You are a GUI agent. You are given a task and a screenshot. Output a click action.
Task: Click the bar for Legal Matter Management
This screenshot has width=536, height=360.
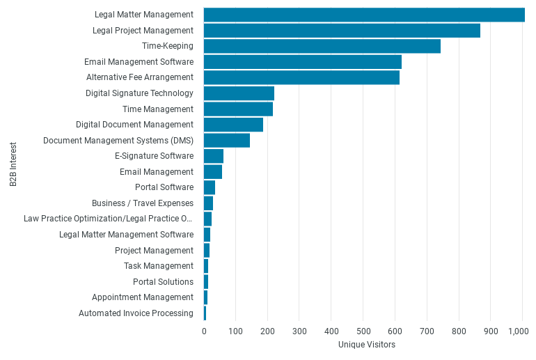[x=364, y=15]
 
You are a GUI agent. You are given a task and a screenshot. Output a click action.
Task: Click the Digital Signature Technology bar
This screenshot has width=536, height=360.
[x=239, y=93]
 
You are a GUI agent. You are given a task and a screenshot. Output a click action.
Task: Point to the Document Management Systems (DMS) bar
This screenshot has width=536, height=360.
[x=227, y=141]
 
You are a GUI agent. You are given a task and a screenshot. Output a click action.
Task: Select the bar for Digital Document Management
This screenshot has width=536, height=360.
[x=233, y=125]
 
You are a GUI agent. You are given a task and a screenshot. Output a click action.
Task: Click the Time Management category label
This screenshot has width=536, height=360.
[x=157, y=109]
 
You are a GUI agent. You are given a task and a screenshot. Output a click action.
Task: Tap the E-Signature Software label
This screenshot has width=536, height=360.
[x=154, y=156]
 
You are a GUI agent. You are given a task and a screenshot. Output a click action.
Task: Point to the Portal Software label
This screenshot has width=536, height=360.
[x=164, y=187]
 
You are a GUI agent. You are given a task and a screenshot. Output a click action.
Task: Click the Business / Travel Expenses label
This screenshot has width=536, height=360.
[x=143, y=203]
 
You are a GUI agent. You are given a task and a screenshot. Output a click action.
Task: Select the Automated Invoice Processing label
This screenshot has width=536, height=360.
[x=136, y=313]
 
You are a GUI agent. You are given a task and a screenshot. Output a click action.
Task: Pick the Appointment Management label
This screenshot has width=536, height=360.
[x=143, y=297]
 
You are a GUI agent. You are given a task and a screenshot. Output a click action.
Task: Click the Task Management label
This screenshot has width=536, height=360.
[x=159, y=266]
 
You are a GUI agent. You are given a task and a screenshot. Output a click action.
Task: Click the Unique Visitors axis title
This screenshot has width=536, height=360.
[x=367, y=345]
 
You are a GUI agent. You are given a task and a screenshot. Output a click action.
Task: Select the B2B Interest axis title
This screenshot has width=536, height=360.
[x=13, y=164]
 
